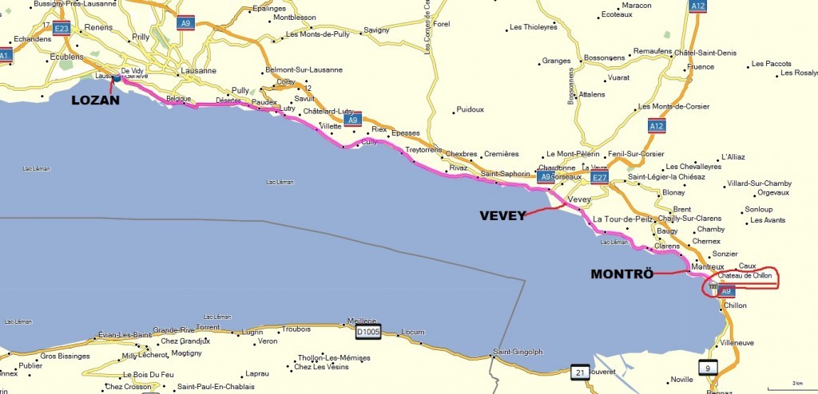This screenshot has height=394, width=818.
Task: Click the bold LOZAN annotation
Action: (96, 100)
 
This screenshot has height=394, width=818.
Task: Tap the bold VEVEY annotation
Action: (502, 215)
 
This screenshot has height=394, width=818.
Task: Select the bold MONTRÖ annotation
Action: (621, 274)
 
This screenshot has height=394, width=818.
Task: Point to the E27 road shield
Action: (599, 177)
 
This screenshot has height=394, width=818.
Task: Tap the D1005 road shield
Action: (367, 329)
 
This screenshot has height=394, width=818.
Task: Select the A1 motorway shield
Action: (6, 55)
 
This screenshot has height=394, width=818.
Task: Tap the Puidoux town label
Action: (470, 109)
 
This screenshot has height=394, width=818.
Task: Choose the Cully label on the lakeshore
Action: (369, 142)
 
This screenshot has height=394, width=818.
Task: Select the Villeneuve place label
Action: (737, 342)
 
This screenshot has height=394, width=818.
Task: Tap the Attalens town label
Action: (591, 94)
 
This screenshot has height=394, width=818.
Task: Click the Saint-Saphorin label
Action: (505, 174)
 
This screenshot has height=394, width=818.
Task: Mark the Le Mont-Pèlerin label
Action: (572, 154)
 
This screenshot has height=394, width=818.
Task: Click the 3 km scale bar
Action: (792, 383)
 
